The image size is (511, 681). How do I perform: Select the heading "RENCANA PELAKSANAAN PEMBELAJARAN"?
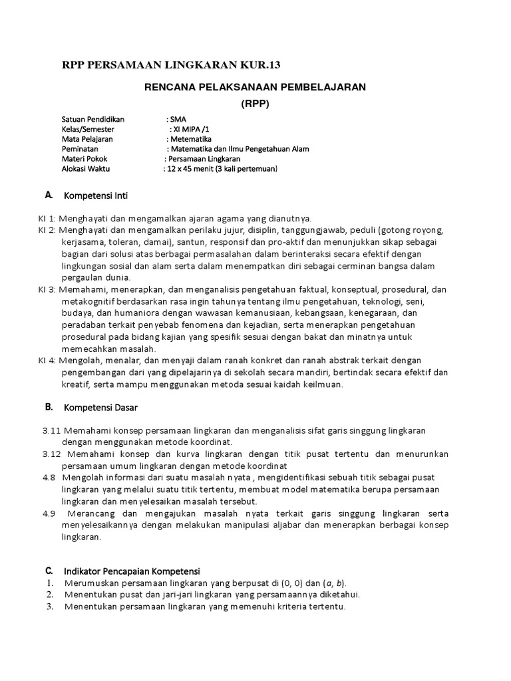(x=256, y=88)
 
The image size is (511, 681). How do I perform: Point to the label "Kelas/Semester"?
(x=88, y=130)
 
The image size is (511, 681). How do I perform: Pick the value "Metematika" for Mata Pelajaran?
(x=191, y=140)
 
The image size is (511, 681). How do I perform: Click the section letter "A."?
(x=48, y=196)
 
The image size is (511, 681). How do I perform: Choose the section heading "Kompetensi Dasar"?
(x=100, y=406)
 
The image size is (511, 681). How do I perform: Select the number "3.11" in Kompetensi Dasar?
(x=52, y=430)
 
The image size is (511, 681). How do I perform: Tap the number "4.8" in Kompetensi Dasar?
(x=49, y=477)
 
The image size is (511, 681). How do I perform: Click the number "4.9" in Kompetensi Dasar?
(x=49, y=514)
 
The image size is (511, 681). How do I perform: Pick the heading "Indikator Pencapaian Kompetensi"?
(x=132, y=571)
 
